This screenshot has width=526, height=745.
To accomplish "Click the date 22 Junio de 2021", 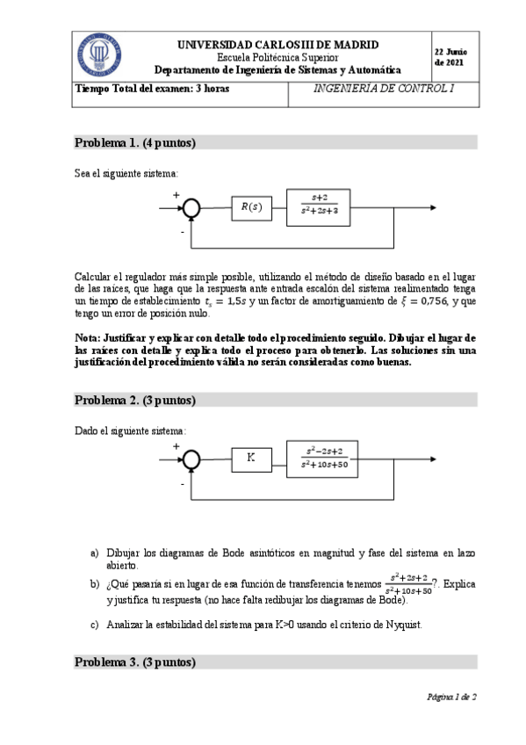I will pos(450,57).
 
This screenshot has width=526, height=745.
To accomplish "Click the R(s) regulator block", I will pos(251,207).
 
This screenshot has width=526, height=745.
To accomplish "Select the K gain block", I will pos(251,458).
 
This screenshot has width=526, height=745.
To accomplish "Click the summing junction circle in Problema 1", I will pos(191,208).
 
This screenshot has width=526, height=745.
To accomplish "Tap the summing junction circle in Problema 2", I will pos(191,459).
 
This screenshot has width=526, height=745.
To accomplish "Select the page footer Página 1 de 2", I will pos(450,697).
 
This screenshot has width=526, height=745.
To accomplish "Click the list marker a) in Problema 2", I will pos(94,553).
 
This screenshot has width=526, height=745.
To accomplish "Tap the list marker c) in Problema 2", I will pos(94,625).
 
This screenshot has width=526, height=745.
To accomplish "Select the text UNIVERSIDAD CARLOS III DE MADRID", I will pos(277,44).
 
